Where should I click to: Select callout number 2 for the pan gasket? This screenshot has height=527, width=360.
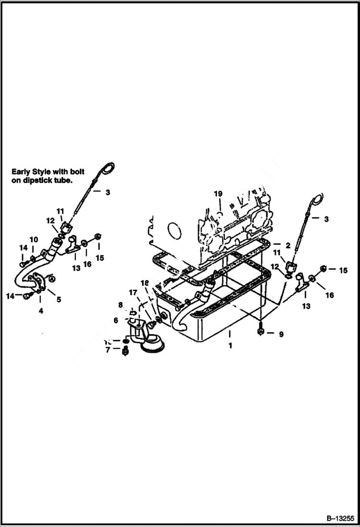tap(288, 245)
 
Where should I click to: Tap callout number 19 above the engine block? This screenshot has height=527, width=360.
tap(218, 194)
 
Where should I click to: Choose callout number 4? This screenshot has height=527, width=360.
tap(41, 311)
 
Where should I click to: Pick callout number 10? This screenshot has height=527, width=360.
tap(33, 239)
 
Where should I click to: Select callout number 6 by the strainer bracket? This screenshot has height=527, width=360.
tap(116, 320)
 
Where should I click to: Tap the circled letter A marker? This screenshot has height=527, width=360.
tap(52, 277)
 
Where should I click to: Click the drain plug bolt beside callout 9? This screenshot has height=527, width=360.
tap(260, 332)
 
